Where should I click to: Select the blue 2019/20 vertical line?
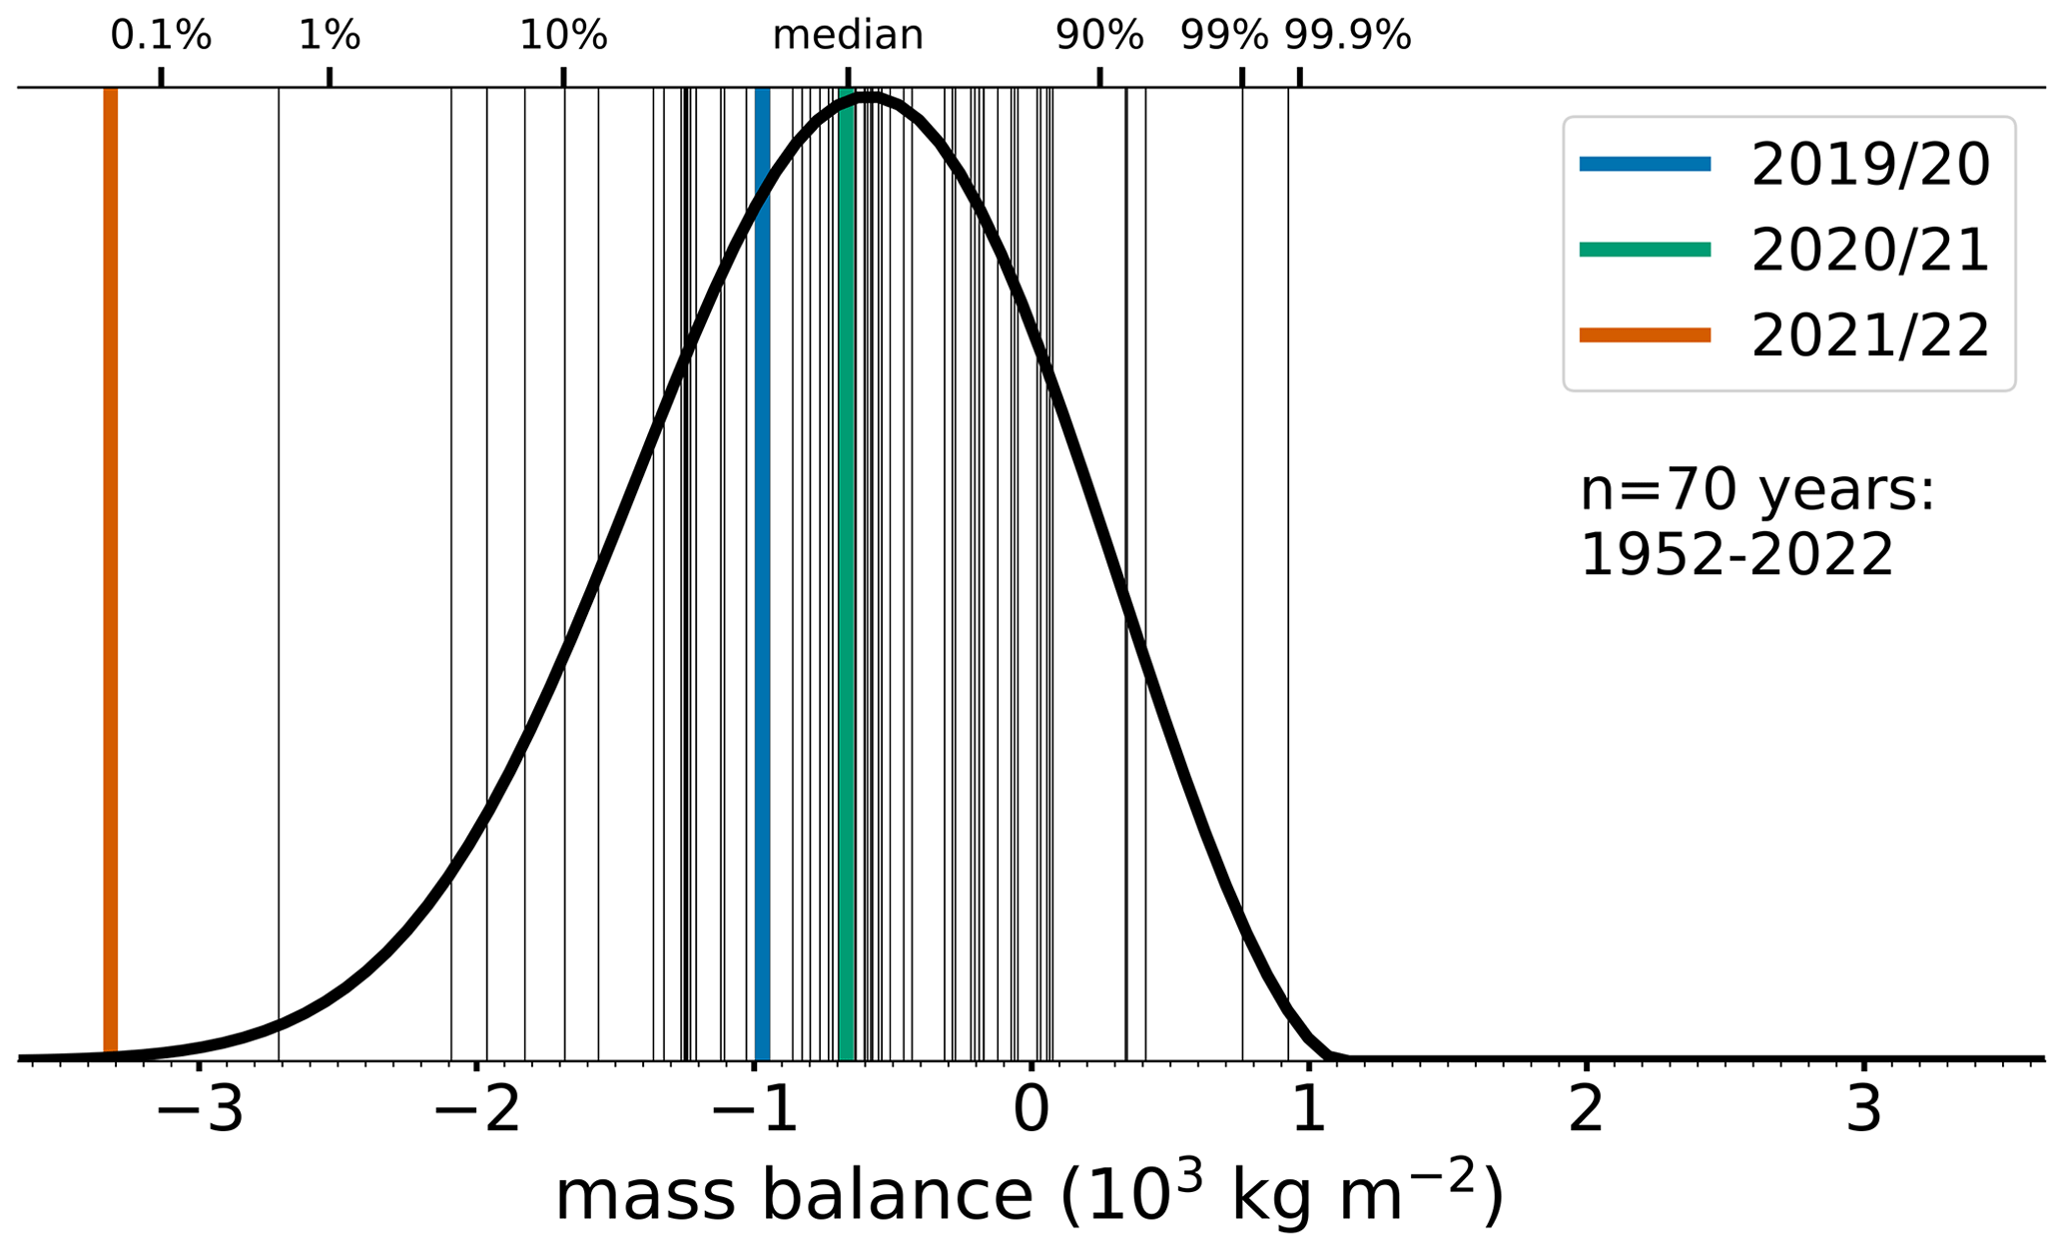tap(763, 599)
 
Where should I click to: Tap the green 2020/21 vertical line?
tap(847, 599)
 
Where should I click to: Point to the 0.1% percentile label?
tap(161, 36)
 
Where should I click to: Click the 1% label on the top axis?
tap(330, 36)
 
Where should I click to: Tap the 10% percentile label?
tap(563, 36)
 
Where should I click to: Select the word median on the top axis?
tap(848, 36)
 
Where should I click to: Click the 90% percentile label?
tap(1099, 36)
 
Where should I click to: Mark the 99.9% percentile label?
tap(1347, 36)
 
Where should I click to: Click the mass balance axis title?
tap(1029, 1195)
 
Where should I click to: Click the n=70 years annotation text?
tap(1757, 491)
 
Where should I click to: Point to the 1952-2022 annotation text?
tap(1736, 555)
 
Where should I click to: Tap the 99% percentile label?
tap(1223, 36)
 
